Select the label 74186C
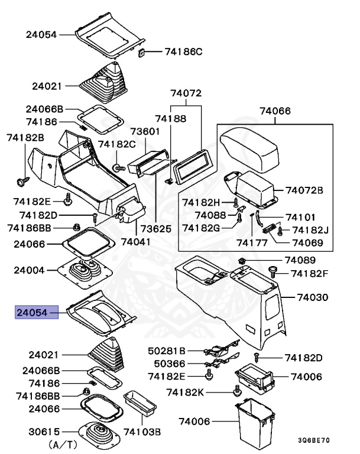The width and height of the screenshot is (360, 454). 183,52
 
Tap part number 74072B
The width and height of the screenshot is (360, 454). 304,190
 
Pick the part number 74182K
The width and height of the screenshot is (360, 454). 184,392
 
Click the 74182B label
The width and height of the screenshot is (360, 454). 25,138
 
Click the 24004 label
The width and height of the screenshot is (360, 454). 30,271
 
